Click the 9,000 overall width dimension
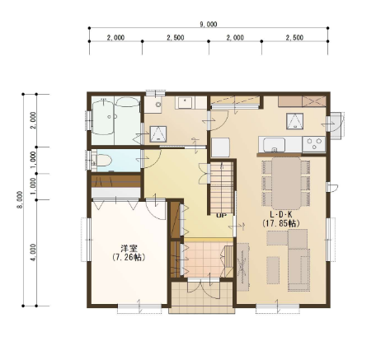tap(209, 25)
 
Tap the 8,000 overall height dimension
tap(20, 199)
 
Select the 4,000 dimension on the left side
tap(33, 252)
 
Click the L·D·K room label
tap(280, 215)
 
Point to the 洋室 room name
tap(129, 249)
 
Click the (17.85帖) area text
tap(280, 223)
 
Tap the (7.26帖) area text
tap(129, 257)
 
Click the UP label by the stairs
tap(221, 216)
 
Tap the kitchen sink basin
tap(274, 144)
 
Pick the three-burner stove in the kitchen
tap(314, 144)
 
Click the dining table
tap(286, 184)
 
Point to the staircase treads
tap(222, 187)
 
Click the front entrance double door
tap(204, 288)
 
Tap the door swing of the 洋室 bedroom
tap(156, 210)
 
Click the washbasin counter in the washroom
tap(186, 102)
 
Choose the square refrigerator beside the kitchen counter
tap(220, 147)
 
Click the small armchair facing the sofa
tap(273, 270)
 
